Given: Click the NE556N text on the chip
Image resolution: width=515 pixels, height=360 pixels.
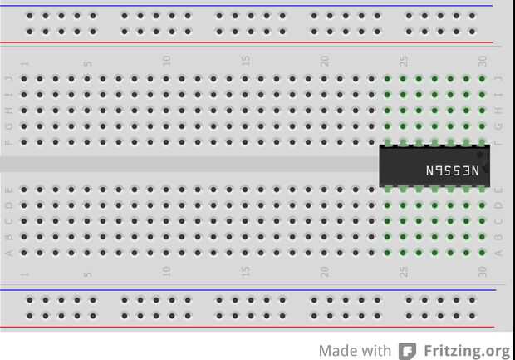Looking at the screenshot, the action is tap(453, 170).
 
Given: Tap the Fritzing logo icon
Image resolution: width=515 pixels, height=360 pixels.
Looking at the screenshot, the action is tap(407, 351).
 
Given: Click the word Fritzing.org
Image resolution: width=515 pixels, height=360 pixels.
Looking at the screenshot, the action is tap(466, 351).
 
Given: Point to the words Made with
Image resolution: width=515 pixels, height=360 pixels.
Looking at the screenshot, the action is tap(355, 351).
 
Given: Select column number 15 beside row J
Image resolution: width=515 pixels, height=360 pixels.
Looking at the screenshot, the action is tap(245, 62).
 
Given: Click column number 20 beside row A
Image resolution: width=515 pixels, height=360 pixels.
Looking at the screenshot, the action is tap(324, 271).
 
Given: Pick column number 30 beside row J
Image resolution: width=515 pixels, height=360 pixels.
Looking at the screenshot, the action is tap(482, 62).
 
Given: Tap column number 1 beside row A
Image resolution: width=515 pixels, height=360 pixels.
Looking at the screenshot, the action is tap(24, 274).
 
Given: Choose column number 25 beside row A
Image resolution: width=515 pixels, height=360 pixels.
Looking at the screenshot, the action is tap(403, 271).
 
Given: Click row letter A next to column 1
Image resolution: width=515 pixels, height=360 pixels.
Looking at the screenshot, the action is tap(9, 253).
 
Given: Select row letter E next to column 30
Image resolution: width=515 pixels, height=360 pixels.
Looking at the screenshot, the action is tap(498, 190).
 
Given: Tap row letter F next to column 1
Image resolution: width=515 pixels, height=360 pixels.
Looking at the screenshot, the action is tap(9, 142).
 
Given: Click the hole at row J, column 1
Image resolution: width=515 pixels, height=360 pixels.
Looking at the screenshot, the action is tap(24, 79).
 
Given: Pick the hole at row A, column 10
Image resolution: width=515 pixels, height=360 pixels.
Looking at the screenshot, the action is tap(166, 253).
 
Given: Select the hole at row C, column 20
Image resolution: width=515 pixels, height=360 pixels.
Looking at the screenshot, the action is tap(324, 221).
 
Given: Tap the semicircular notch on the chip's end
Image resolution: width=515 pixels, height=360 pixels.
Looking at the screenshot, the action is tap(485, 170).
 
